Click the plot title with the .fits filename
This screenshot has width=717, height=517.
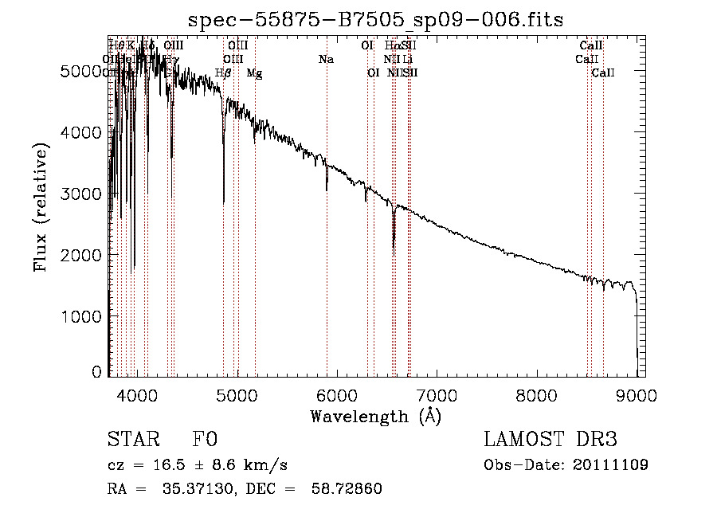click(x=375, y=19)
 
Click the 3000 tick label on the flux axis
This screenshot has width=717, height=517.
click(x=83, y=194)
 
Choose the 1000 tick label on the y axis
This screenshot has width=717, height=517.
click(x=83, y=316)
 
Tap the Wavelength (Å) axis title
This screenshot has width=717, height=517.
click(x=375, y=417)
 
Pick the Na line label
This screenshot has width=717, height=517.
click(x=325, y=59)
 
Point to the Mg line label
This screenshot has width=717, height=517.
click(x=254, y=73)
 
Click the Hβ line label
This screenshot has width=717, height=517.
click(x=224, y=73)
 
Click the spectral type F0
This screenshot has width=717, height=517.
click(x=205, y=440)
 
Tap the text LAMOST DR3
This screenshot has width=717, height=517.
click(x=550, y=440)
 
